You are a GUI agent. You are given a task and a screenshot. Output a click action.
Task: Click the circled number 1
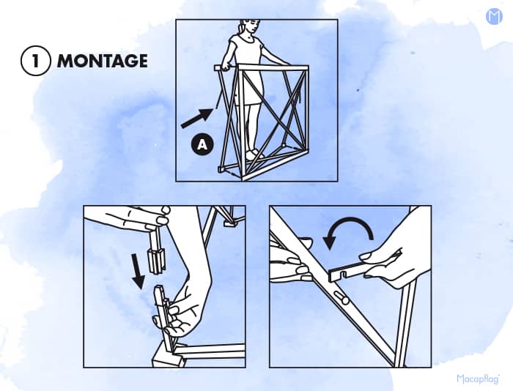[36, 61]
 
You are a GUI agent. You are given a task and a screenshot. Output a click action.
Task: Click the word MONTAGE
[103, 61]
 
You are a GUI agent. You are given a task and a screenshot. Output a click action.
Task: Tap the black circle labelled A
[203, 144]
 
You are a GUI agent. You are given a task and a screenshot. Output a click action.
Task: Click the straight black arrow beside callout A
[197, 118]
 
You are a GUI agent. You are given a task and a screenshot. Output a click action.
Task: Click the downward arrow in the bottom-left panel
[138, 271]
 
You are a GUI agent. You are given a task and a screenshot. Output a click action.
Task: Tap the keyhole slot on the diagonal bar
[341, 299]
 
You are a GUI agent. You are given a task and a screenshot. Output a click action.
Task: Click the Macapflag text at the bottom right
[478, 379]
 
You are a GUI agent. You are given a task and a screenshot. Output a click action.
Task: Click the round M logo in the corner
[494, 17]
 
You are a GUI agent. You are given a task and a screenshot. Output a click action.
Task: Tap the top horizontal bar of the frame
[261, 68]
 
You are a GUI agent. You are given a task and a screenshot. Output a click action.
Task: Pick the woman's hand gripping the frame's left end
[226, 67]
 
